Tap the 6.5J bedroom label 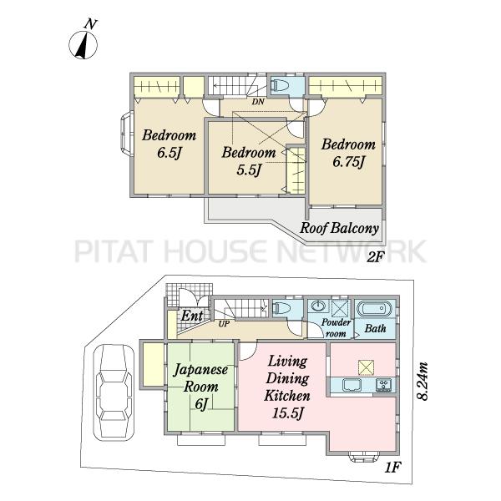pos(169,144)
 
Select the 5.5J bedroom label pos(249,161)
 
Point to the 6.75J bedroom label pos(348,153)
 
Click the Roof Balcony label pos(339,228)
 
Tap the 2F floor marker pos(374,256)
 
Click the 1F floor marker pos(392,468)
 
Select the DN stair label pos(258,102)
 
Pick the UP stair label pos(224,324)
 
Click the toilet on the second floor pos(279,86)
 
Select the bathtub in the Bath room pos(374,309)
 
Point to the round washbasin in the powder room pos(318,306)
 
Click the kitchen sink pos(352,385)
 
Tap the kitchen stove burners pos(383,385)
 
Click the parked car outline pos(113,392)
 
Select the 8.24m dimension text pos(422,381)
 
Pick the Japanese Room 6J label pos(200,387)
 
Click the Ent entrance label pos(192,316)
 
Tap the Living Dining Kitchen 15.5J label pos(287,387)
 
